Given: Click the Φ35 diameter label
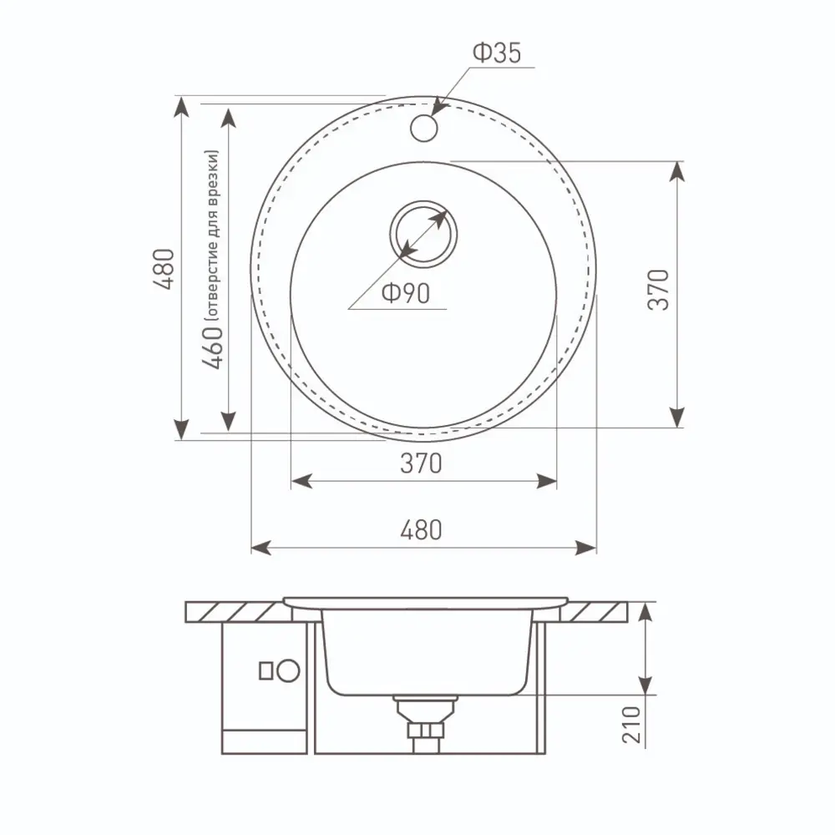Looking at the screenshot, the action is point(496,53).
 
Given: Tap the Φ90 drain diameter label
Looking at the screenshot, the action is point(406,293).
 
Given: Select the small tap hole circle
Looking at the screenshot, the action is point(424,129).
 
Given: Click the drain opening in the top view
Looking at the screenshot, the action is point(423,235).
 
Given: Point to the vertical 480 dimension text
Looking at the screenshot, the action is point(164,269).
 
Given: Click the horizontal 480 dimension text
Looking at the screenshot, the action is point(421,530).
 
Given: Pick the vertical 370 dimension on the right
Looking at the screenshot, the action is point(658,290).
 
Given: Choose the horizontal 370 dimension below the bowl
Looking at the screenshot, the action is point(421,463).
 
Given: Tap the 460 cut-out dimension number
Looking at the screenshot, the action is point(212,347).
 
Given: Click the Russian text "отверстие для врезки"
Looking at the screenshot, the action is point(212,235).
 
